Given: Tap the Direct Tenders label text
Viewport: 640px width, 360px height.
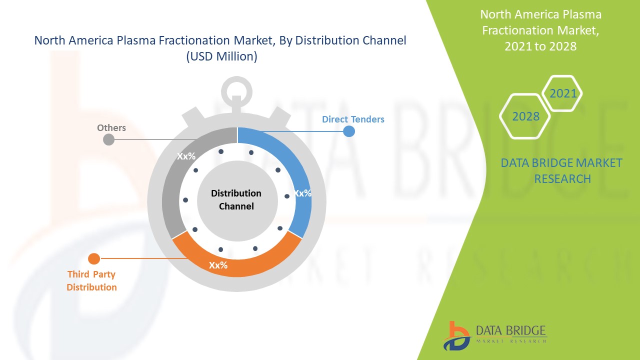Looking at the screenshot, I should [353, 119].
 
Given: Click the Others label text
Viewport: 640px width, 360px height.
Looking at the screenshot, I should [111, 127].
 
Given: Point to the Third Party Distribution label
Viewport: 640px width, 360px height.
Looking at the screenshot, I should [92, 280].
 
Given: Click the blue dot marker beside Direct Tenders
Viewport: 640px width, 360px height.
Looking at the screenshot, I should [349, 131].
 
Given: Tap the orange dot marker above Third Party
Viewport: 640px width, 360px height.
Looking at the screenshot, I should [93, 258].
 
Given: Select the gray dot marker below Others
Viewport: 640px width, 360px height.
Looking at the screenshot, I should [108, 139].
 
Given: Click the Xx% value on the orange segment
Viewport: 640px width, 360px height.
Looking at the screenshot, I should [218, 265].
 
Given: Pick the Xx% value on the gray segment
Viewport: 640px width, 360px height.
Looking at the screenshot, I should [186, 156].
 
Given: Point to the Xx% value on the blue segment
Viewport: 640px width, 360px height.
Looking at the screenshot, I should [302, 193].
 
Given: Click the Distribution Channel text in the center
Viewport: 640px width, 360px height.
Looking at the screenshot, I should [236, 199].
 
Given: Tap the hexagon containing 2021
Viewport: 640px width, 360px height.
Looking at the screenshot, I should [563, 93].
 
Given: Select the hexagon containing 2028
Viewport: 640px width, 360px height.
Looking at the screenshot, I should [526, 116].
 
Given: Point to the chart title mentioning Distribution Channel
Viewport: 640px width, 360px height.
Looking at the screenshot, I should [220, 48].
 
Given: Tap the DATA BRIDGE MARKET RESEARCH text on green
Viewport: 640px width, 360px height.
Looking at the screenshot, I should [562, 170].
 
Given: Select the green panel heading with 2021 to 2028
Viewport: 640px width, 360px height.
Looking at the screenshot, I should [540, 30].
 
